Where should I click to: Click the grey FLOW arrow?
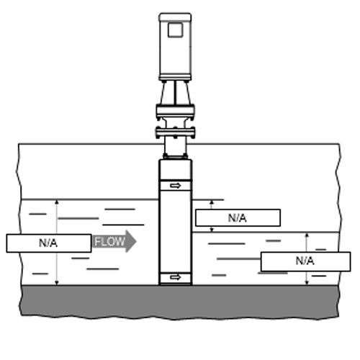pos(114,241)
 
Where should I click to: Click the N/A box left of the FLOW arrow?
pos(49,243)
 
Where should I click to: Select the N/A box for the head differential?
pos(238,217)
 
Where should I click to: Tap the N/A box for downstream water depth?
pos(305,261)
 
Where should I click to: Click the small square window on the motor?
pos(176,30)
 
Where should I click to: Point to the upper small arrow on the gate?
pos(176,186)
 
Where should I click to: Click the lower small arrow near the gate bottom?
pos(176,277)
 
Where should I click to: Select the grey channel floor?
pos(179,302)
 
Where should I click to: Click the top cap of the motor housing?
pos(175,17)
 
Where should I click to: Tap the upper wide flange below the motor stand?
pos(175,110)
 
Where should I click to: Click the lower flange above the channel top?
pos(175,132)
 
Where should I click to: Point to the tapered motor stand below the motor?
pos(176,93)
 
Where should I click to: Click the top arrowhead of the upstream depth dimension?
pos(57,202)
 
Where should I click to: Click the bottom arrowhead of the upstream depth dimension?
pos(57,283)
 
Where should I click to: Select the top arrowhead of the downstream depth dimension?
pos(307,235)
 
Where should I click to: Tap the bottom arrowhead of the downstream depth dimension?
pos(307,283)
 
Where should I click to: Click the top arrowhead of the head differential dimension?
pos(212,202)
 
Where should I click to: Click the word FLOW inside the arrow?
pos(109,241)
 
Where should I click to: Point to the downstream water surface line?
pos(266,233)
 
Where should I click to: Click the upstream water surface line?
pos(90,199)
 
